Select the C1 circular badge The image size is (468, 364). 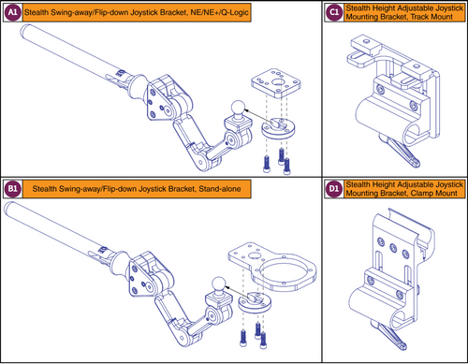tap(335, 12)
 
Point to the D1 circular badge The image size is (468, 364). tap(335, 191)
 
